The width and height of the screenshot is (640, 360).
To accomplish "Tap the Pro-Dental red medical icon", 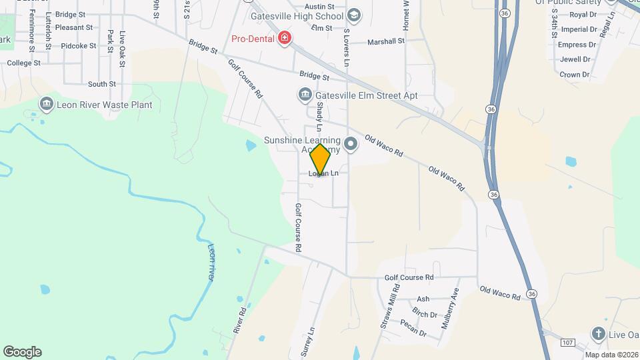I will (285, 37).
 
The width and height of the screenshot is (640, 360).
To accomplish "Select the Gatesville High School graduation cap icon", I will (354, 15).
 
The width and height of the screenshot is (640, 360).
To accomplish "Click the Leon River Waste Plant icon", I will (47, 104).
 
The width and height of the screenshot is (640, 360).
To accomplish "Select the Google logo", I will (22, 352).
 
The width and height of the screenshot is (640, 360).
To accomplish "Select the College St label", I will (24, 63).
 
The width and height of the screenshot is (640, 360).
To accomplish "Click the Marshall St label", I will (387, 41).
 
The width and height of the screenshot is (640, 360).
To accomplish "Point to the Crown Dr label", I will (574, 75).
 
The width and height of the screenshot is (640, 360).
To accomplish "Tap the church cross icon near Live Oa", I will (599, 333).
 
